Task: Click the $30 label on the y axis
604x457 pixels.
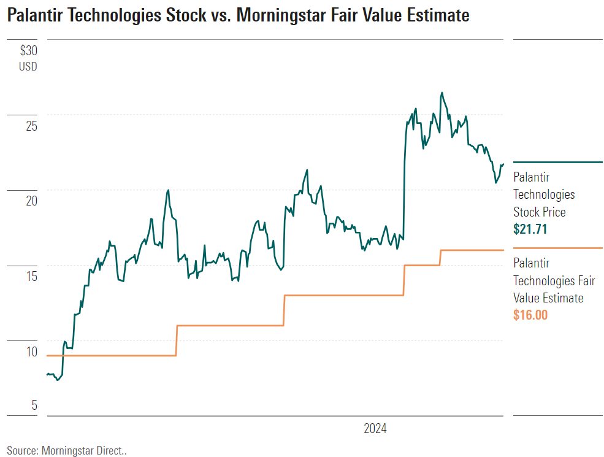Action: (x=28, y=51)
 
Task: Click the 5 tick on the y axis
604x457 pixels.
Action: (x=34, y=405)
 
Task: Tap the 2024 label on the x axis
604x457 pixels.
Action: (x=375, y=428)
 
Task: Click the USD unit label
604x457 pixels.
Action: (x=28, y=66)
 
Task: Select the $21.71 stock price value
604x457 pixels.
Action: (x=530, y=229)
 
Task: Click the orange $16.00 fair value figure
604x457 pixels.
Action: (x=530, y=315)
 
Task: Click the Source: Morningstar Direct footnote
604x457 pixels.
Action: (x=67, y=450)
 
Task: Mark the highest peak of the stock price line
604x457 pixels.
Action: (x=442, y=93)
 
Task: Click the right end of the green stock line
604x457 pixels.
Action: (x=503, y=164)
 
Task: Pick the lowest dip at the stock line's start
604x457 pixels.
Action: (x=58, y=380)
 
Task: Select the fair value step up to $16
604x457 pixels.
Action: (x=440, y=257)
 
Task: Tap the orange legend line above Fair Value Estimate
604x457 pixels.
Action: (x=557, y=248)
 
